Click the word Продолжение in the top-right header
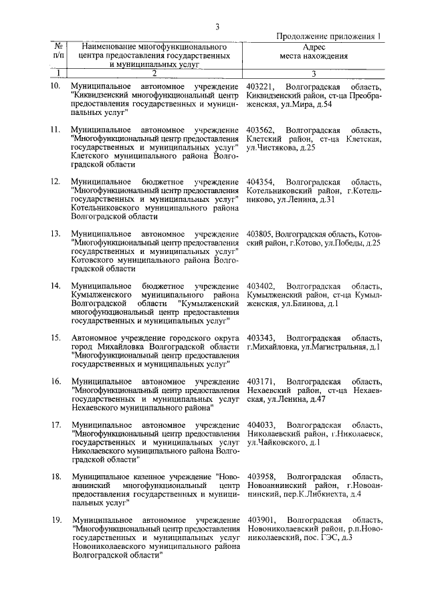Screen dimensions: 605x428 (x=304, y=37)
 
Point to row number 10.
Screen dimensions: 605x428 (x=56, y=87)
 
